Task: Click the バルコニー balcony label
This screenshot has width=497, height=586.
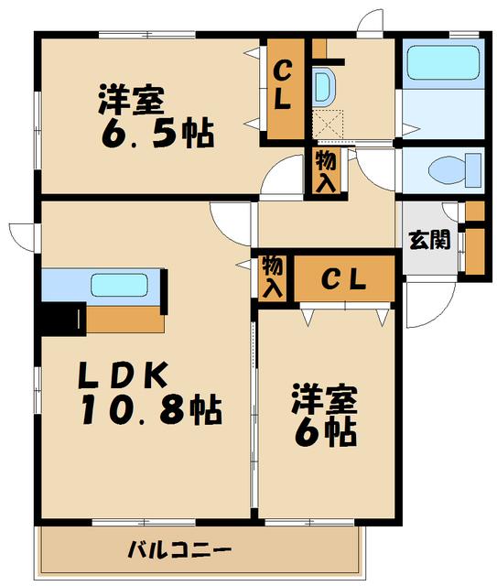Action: point(179,550)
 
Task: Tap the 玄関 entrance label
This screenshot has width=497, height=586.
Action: point(429,240)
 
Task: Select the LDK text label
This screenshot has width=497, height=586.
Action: point(123,375)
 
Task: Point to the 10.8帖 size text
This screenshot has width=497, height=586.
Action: point(151,410)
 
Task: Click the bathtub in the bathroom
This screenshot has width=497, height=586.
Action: point(443,62)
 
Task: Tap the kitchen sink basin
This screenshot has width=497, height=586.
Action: point(120,285)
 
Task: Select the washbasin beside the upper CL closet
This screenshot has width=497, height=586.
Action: point(324,86)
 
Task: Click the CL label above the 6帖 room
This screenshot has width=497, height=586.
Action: point(343,279)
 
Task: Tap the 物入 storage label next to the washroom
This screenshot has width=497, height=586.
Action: point(326,172)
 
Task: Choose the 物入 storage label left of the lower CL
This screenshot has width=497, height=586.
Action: point(273,277)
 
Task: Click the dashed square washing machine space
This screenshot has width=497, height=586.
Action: point(329,125)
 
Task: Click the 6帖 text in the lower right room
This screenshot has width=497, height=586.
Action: point(325,432)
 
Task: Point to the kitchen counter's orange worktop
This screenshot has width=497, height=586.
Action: point(124,320)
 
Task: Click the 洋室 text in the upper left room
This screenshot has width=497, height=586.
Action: point(132,100)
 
